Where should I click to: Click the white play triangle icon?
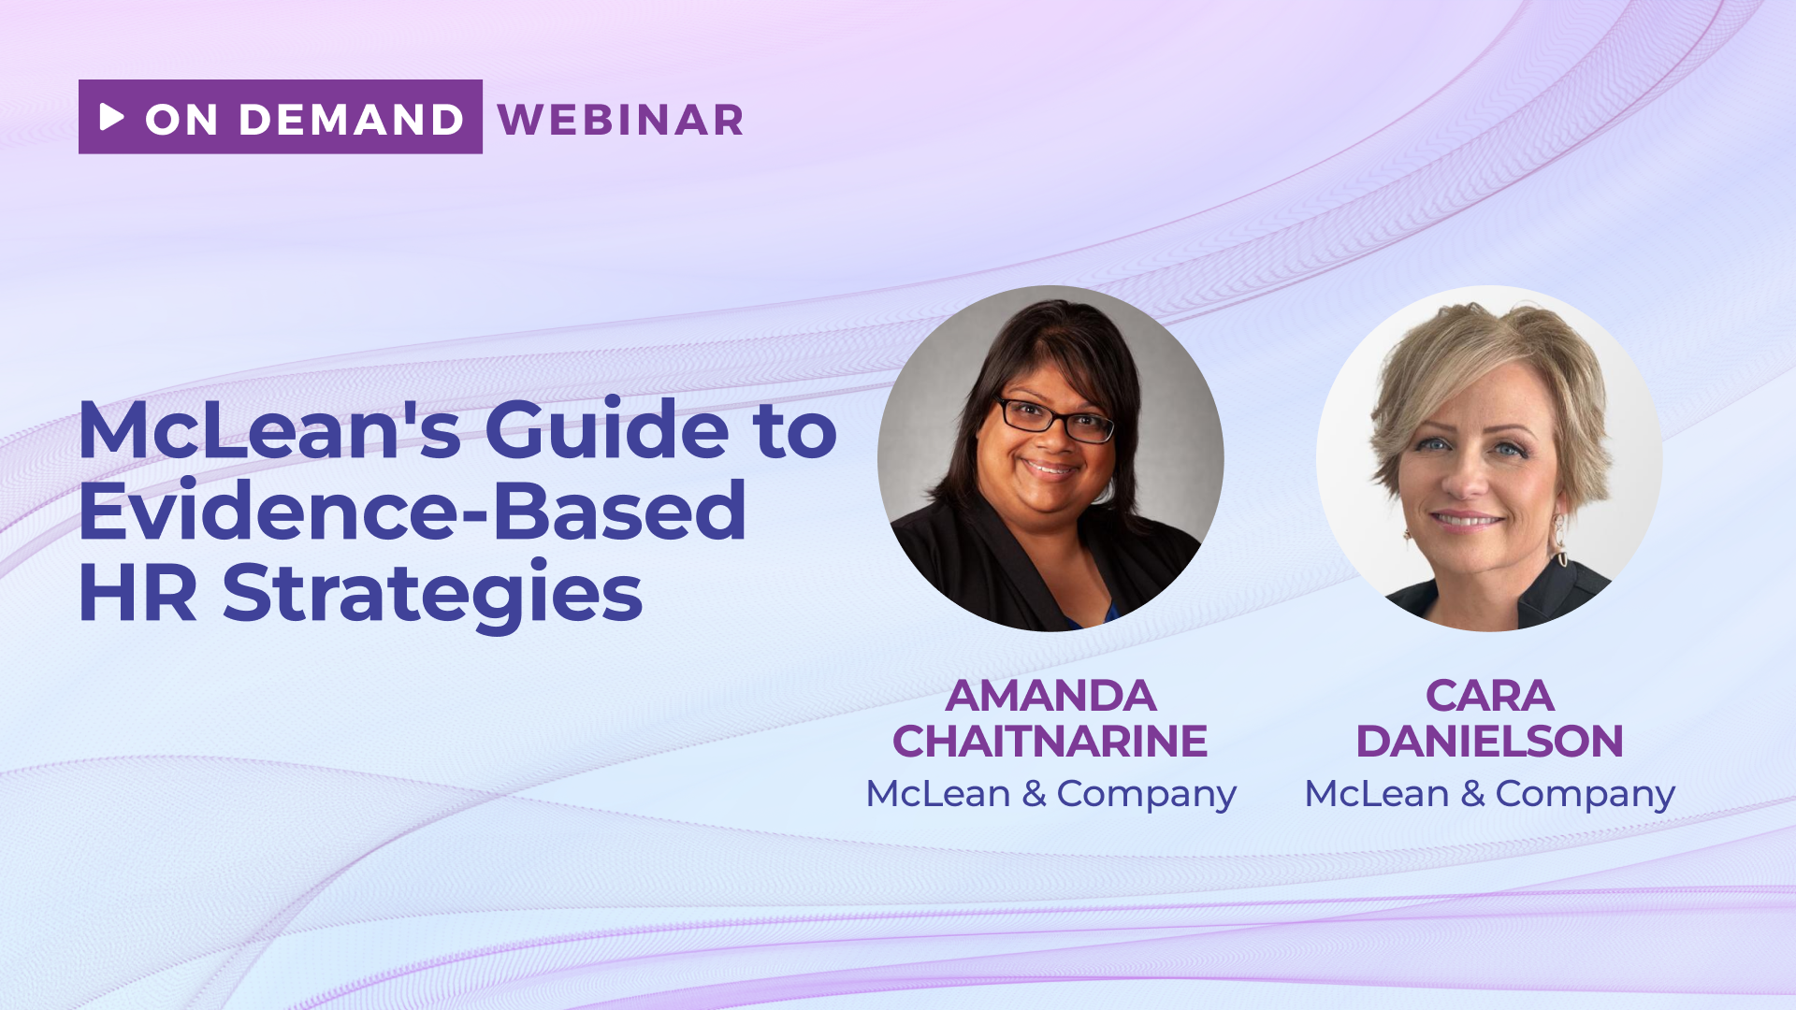tap(111, 117)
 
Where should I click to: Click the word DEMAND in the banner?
tap(352, 120)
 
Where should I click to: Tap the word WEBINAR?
tap(621, 120)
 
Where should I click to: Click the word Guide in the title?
tap(606, 429)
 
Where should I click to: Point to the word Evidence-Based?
tap(413, 511)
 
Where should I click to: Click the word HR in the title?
tap(138, 593)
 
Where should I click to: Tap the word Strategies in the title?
tap(433, 595)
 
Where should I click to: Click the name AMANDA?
tap(1050, 696)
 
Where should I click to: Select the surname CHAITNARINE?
tap(1050, 742)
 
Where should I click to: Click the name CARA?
tap(1489, 696)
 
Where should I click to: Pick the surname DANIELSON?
tap(1489, 742)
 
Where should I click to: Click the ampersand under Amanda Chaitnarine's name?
tap(1034, 794)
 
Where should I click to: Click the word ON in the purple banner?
tap(181, 120)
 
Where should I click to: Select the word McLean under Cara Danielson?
tap(1376, 794)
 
